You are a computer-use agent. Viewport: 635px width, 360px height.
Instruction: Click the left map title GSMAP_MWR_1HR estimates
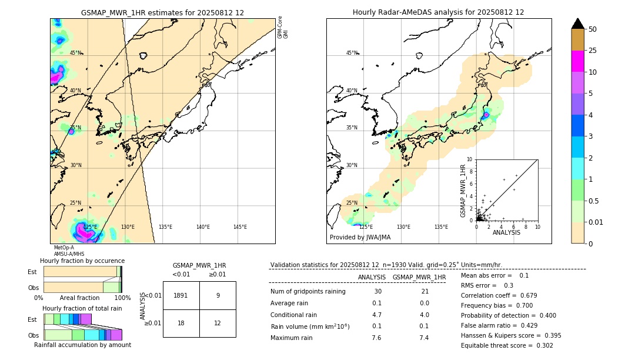(162, 12)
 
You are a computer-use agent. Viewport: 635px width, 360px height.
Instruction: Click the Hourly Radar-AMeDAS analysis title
(438, 12)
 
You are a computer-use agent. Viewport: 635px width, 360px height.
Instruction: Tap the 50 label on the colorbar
(593, 29)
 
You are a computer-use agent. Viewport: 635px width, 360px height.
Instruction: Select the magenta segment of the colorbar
(577, 61)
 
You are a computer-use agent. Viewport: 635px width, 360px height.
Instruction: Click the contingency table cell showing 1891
(181, 295)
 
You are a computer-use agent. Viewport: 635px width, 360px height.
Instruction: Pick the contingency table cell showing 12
(218, 323)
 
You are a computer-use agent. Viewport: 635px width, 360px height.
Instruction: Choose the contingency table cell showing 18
(181, 323)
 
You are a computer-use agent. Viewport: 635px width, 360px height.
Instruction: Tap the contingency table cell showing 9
(218, 295)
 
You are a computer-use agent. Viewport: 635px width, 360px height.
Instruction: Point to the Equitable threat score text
(507, 345)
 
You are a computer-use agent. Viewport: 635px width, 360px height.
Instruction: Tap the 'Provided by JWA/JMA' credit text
(360, 238)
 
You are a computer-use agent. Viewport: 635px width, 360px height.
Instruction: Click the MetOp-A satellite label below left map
(64, 248)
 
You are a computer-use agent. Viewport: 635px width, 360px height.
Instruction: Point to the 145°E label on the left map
(240, 227)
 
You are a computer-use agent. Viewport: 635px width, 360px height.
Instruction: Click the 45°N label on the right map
(352, 53)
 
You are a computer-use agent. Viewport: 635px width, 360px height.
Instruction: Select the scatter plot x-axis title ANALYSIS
(506, 232)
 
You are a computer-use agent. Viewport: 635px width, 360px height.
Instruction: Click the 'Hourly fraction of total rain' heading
(82, 308)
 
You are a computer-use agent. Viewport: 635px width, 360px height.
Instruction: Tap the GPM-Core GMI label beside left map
(283, 27)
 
